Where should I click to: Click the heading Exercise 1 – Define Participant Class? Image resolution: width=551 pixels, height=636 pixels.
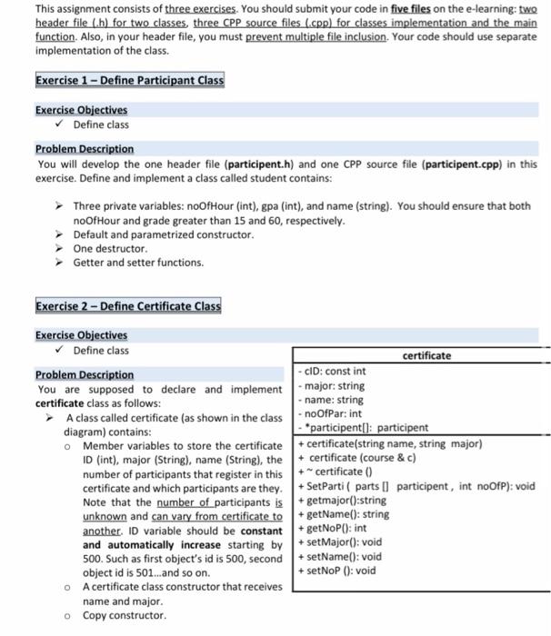tap(128, 80)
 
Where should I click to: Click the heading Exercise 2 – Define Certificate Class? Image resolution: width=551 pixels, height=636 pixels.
tap(127, 305)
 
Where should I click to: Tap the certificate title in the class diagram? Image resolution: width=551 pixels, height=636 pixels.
tap(426, 355)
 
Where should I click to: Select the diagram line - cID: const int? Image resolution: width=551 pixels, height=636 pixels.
tap(332, 371)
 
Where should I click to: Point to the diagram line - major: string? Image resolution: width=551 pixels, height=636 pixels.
tap(333, 385)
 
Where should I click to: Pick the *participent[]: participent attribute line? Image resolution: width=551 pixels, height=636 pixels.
tap(363, 428)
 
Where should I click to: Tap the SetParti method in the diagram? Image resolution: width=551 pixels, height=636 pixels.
tap(417, 486)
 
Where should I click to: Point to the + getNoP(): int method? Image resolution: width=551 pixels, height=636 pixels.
tap(333, 528)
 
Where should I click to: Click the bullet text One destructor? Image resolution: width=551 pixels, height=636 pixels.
tap(110, 248)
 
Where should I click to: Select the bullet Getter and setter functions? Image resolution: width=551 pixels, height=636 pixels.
tap(138, 263)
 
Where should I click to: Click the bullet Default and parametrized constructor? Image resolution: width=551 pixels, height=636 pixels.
tap(150, 234)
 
